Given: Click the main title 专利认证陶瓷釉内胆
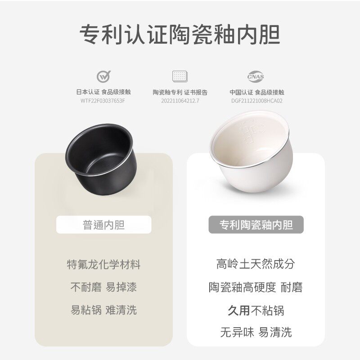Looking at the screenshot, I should [x=180, y=34].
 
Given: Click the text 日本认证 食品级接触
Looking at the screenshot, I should [x=103, y=92].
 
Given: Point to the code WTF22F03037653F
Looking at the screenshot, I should [x=103, y=101].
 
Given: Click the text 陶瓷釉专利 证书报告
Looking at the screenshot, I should [x=180, y=92].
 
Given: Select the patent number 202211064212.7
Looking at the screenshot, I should [x=180, y=101].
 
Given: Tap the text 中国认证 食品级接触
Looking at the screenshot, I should [x=256, y=92].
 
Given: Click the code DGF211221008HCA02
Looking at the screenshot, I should [x=256, y=101].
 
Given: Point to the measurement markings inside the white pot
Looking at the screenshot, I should [x=250, y=130].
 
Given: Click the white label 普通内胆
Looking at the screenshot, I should [x=103, y=225].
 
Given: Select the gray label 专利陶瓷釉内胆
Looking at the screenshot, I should [x=256, y=225].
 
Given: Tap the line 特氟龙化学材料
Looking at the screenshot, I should [x=103, y=265].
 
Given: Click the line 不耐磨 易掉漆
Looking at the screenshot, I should [x=103, y=287].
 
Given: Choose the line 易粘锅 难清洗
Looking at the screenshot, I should [x=103, y=310].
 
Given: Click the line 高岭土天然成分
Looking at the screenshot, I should [x=256, y=264].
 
